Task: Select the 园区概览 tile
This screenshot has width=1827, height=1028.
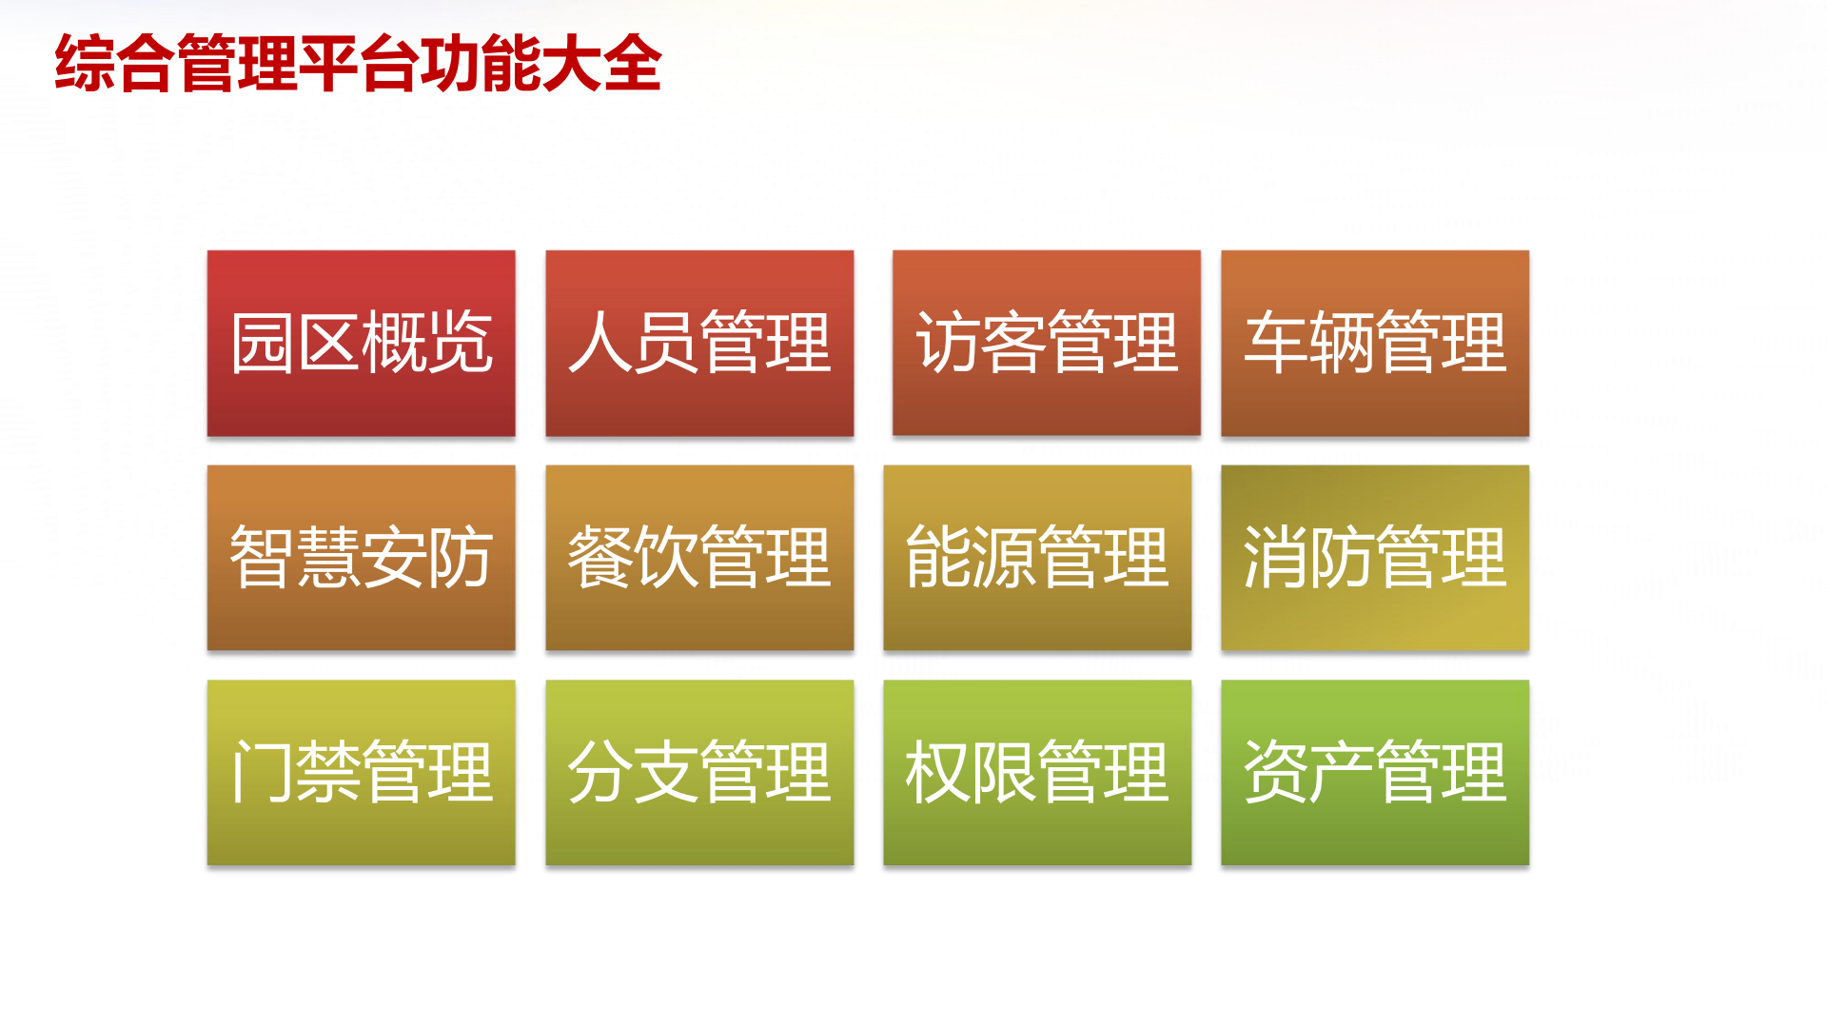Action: [x=362, y=344]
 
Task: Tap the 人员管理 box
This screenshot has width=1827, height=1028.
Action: [x=699, y=344]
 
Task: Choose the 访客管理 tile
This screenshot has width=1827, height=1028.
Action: [x=1047, y=344]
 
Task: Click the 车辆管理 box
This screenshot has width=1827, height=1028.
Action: [x=1375, y=344]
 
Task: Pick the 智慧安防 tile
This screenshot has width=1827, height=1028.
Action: [x=362, y=558]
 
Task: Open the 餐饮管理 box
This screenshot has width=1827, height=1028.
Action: [x=699, y=558]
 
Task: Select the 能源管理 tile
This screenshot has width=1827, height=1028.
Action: [x=1037, y=558]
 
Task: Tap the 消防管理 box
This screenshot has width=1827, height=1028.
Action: [x=1375, y=558]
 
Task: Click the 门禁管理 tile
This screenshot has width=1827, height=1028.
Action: [x=362, y=773]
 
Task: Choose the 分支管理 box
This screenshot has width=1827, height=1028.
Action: [x=699, y=773]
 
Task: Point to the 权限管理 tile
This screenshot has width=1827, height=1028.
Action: [x=1037, y=773]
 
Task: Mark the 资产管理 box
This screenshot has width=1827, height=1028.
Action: [x=1375, y=773]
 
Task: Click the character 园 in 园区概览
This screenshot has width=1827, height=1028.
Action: [x=262, y=343]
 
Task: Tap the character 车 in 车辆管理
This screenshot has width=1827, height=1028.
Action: [x=1275, y=343]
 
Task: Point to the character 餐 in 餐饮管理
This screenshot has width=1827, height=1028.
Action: [x=599, y=557]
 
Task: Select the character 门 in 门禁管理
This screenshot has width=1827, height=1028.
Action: [x=262, y=772]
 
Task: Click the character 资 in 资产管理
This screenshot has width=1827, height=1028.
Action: [x=1275, y=772]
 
